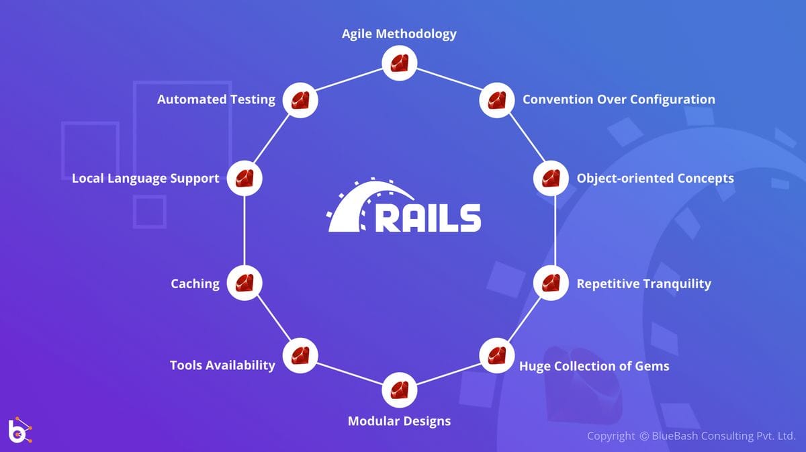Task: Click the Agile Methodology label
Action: [x=399, y=34]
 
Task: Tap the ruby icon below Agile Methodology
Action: [x=400, y=64]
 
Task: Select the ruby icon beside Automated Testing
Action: [x=300, y=100]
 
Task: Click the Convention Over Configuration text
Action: [x=618, y=99]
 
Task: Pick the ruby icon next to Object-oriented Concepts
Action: [x=551, y=179]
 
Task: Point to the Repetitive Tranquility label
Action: [x=643, y=283]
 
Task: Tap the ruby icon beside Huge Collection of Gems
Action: [x=496, y=355]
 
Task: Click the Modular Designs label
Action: [x=399, y=422]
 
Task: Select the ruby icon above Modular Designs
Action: [x=400, y=390]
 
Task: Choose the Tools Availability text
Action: [x=222, y=365]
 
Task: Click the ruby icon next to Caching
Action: [x=244, y=283]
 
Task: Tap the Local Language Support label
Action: [x=145, y=179]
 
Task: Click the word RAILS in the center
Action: [x=427, y=217]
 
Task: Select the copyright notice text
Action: [x=691, y=437]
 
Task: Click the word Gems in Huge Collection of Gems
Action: [x=653, y=366]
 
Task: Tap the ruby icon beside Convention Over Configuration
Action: [x=497, y=100]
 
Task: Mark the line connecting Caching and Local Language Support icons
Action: [x=244, y=231]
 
